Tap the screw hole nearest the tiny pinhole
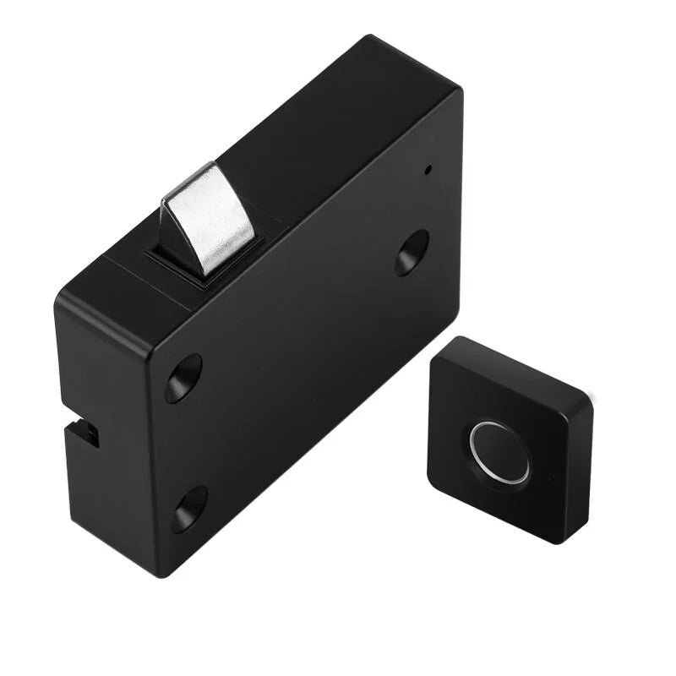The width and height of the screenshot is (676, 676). tap(411, 253)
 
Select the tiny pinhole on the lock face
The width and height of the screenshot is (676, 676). tap(427, 168)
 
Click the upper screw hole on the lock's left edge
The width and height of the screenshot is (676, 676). tap(183, 378)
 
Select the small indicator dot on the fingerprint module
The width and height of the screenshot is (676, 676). tap(551, 479)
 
